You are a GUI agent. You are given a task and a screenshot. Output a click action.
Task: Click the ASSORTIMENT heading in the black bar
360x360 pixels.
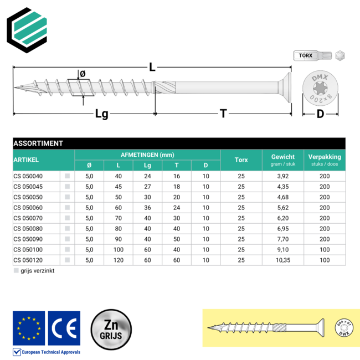point(38,143)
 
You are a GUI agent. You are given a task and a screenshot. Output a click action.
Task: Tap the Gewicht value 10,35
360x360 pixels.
point(282,260)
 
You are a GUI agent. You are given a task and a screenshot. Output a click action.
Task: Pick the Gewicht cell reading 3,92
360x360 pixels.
point(282,176)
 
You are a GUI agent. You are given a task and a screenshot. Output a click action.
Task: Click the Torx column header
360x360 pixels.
point(241,160)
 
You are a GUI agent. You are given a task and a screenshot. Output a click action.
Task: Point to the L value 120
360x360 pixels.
point(118,260)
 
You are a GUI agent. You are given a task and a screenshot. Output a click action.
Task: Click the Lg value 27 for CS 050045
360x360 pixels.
point(147,187)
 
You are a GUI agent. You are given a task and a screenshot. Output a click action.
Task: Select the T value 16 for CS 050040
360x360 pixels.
point(177,176)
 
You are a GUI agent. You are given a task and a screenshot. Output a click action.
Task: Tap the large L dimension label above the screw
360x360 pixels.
point(152,68)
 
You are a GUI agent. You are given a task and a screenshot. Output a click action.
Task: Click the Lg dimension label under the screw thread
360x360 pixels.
point(101,114)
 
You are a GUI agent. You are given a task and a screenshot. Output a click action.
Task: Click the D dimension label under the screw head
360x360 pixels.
point(320,114)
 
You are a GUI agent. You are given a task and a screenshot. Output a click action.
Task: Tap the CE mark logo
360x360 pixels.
point(64,328)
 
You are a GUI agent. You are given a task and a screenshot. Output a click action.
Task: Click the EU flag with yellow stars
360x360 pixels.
point(28,328)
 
